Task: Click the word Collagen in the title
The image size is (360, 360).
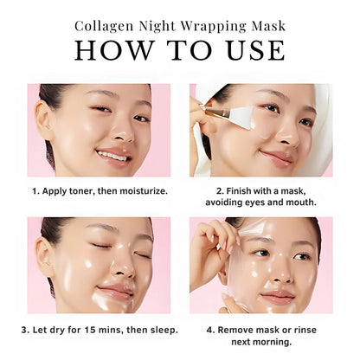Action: [107, 25]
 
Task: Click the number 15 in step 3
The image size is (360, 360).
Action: [101, 329]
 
